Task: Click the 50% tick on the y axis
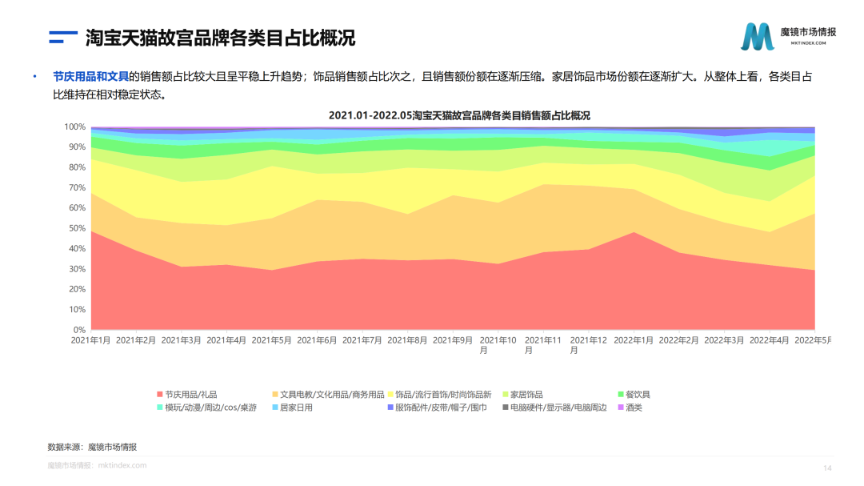77,228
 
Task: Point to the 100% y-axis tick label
74,127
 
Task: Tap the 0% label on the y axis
79,330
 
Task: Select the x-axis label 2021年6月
318,340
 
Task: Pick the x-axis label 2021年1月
91,340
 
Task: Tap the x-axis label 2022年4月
771,340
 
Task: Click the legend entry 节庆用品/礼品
190,395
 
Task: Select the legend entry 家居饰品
526,395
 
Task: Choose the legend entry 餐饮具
638,395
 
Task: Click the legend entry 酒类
633,408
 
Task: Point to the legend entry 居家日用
295,408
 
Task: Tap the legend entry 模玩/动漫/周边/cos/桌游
210,408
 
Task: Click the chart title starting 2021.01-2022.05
464,115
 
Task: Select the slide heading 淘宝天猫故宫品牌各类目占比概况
220,38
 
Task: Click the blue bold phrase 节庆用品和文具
90,77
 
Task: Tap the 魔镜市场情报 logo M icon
757,37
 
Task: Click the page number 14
827,468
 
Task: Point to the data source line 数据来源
98,447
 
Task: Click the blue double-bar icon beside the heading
62,37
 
